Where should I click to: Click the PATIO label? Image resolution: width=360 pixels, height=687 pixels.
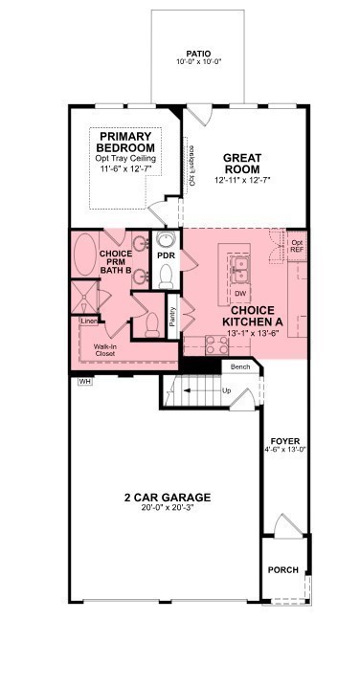click(198, 54)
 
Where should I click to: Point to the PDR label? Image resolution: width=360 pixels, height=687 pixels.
click(166, 256)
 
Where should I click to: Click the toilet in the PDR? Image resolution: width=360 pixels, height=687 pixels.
click(166, 277)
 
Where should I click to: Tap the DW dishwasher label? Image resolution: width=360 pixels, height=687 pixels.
click(240, 293)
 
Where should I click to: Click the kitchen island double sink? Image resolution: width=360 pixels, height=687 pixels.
click(236, 264)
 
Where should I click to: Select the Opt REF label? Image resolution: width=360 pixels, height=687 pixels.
click(297, 247)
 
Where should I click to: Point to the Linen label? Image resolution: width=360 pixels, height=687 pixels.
click(88, 321)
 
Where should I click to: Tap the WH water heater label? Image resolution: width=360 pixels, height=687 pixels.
click(83, 381)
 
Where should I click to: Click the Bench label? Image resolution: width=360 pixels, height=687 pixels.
click(239, 366)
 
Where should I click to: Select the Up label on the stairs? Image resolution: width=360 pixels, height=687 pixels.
click(227, 391)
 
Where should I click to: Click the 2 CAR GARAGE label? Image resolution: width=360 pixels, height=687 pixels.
click(167, 497)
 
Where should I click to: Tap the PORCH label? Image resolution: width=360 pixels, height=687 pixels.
click(282, 570)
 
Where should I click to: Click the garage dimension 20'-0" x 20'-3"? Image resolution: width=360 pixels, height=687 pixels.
click(167, 509)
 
